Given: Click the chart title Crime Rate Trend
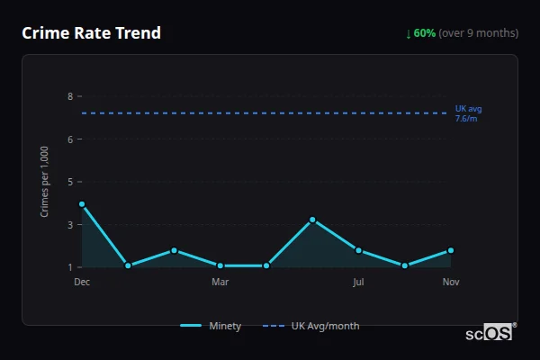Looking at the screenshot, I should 91,33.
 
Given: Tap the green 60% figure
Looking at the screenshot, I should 425,33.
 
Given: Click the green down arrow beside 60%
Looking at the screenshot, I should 409,33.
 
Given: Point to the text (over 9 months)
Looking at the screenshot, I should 479,33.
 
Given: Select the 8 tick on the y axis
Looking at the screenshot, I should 70,96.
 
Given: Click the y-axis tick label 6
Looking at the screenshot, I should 70,139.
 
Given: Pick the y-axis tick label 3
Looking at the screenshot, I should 70,225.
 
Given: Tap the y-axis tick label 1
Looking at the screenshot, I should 70,267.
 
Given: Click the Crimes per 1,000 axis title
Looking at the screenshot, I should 45,181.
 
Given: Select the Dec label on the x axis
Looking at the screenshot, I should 82,283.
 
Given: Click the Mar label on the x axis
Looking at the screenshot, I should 220,283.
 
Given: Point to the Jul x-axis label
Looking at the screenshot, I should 358,283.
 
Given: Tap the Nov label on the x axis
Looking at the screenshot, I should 451,283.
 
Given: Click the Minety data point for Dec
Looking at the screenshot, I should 82,204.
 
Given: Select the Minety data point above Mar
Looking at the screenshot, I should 220,265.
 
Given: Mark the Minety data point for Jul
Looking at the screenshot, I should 358,250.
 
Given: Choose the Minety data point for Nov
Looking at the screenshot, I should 451,250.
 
